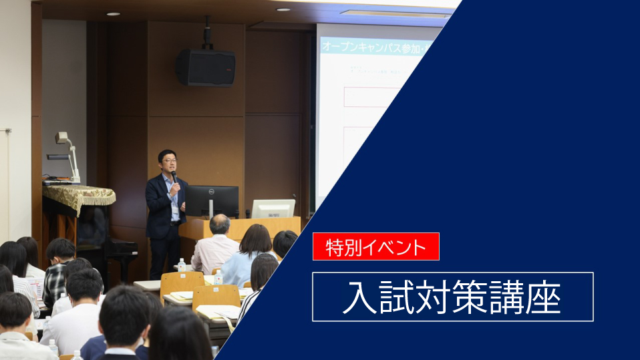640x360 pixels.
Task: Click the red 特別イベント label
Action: [x=376, y=246]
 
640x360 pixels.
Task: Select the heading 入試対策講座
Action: [x=452, y=297]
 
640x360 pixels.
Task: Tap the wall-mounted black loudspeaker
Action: [x=206, y=67]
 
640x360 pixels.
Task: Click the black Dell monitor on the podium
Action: [x=212, y=200]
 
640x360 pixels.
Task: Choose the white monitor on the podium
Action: [x=273, y=208]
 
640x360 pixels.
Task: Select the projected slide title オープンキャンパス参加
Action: [x=361, y=47]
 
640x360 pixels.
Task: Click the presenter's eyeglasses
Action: [x=168, y=160]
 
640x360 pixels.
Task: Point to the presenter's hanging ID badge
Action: [x=175, y=213]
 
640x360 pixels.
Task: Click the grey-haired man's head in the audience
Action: [x=219, y=224]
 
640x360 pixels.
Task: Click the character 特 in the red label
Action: [x=333, y=247]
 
